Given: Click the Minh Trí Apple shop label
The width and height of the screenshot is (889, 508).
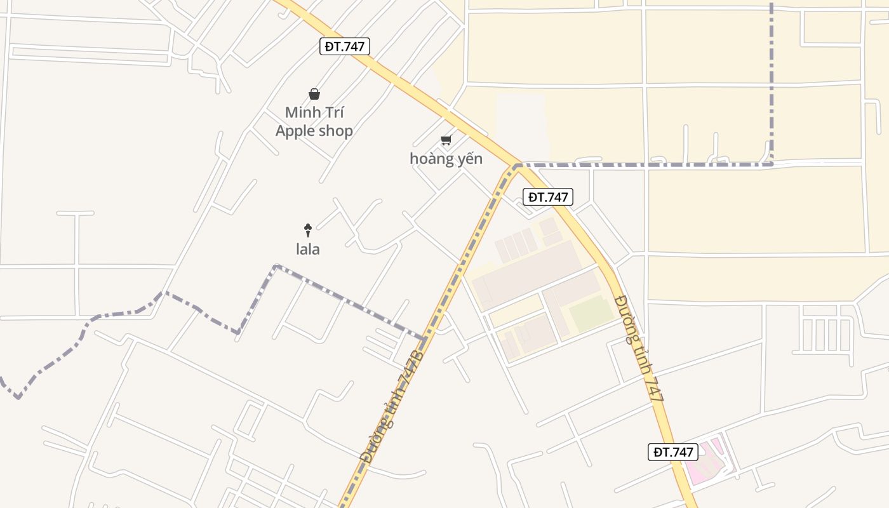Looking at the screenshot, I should click(314, 122).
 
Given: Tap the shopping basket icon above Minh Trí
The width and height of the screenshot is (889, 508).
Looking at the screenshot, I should click(314, 95).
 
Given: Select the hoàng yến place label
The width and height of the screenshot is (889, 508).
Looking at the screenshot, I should click(446, 159).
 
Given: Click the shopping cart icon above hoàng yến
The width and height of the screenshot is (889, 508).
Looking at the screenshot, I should click(446, 140).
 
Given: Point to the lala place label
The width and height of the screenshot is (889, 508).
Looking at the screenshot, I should click(308, 250).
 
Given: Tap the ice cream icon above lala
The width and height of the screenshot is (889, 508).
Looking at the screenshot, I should click(308, 230).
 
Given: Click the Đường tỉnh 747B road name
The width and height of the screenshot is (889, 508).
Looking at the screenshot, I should click(391, 406).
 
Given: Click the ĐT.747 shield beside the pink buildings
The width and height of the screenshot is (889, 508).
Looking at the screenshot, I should click(673, 452).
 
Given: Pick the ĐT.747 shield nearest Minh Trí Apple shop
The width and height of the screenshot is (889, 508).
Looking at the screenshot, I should click(345, 46).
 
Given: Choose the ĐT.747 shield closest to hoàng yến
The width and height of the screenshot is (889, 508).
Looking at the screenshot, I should click(548, 197).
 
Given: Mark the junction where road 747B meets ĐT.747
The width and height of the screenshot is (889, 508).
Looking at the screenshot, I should click(516, 166).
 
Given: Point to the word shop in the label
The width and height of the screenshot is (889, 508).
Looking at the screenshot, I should click(337, 131).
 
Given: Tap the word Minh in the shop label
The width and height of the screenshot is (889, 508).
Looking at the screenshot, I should click(302, 113).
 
